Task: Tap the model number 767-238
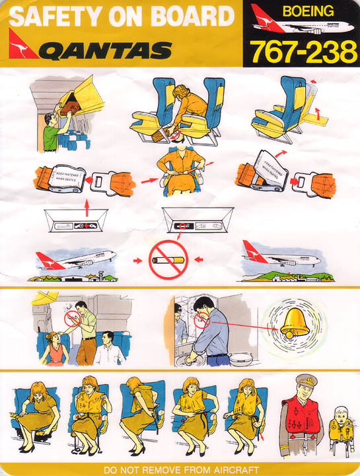click(x=303, y=52)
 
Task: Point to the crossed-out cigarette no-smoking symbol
click(x=168, y=260)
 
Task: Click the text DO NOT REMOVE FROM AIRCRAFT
click(x=180, y=469)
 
